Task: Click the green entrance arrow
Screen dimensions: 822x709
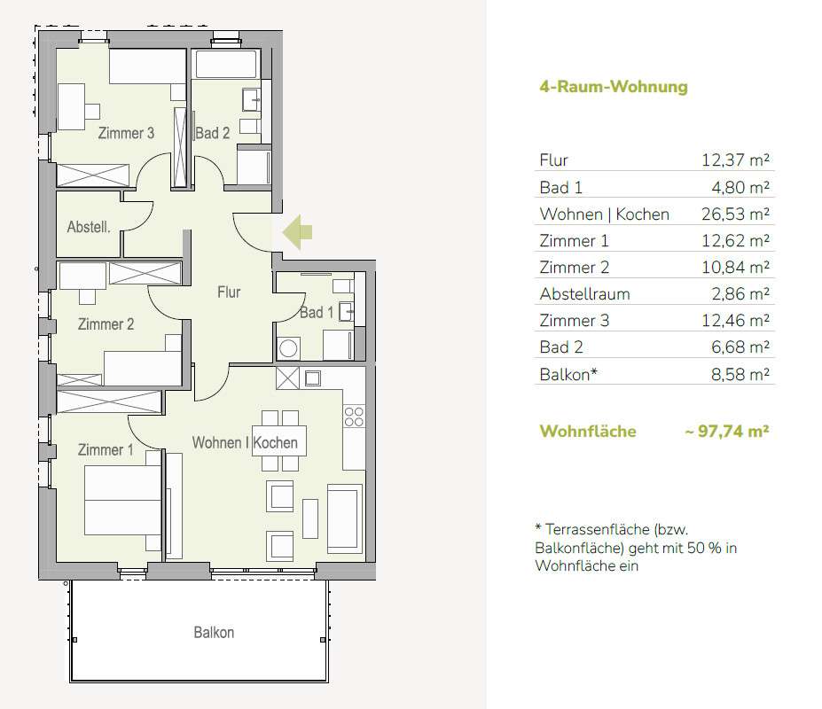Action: click(297, 231)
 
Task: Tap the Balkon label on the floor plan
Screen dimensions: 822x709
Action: click(214, 633)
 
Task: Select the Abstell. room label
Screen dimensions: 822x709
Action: click(89, 227)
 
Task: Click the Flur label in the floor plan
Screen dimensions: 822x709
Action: click(229, 292)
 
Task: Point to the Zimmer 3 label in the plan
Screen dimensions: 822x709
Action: click(126, 133)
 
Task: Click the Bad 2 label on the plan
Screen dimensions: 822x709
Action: click(212, 133)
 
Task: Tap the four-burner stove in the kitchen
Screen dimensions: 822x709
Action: click(354, 417)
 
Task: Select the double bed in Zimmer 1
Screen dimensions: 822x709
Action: click(122, 501)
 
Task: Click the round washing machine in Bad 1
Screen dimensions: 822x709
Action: click(288, 348)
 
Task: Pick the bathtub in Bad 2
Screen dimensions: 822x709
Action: click(226, 64)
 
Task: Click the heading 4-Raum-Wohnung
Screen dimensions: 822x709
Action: click(614, 87)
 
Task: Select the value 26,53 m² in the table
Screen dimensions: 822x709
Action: click(735, 214)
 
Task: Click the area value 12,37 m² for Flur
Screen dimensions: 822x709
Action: click(735, 160)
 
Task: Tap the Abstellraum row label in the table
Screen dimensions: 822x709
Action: click(584, 294)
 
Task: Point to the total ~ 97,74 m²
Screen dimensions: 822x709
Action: click(726, 431)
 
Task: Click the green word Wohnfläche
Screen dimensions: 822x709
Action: click(588, 431)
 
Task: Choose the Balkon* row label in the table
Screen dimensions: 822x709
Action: click(568, 374)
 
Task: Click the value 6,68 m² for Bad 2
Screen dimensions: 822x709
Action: click(740, 347)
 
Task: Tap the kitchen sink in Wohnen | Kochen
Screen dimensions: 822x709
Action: click(312, 378)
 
